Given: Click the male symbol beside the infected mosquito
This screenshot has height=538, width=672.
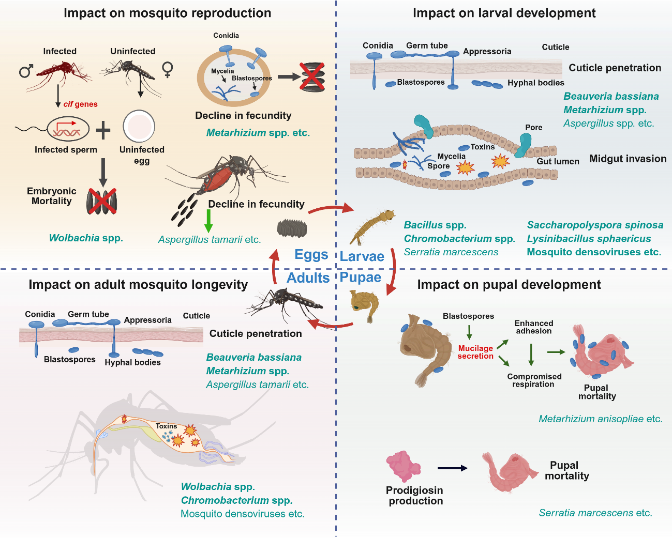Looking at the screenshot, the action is pyautogui.click(x=25, y=71).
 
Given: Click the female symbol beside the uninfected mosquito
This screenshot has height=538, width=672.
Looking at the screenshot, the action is pyautogui.click(x=168, y=70).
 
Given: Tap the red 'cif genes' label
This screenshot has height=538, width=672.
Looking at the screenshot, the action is pyautogui.click(x=80, y=104).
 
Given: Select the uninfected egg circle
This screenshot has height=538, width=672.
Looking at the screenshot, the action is pyautogui.click(x=139, y=127).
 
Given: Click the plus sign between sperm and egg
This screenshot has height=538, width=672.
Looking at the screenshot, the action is pyautogui.click(x=103, y=130).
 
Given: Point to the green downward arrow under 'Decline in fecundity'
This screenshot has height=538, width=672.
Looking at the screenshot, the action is pyautogui.click(x=208, y=221).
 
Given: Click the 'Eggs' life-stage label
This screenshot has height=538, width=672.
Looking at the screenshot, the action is pyautogui.click(x=311, y=254).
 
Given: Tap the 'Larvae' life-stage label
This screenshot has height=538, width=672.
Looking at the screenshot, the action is pyautogui.click(x=362, y=256).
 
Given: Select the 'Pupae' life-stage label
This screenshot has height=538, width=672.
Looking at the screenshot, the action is pyautogui.click(x=361, y=278).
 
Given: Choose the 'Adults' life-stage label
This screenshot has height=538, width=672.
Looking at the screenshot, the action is pyautogui.click(x=308, y=278).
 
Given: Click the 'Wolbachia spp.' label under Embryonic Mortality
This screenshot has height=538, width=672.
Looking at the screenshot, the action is pyautogui.click(x=86, y=238).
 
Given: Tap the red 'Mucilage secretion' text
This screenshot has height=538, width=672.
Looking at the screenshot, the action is pyautogui.click(x=475, y=352).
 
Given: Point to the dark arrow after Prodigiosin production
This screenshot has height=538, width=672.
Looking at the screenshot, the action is pyautogui.click(x=453, y=468).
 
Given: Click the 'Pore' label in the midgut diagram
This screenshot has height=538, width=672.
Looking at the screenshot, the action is pyautogui.click(x=534, y=128).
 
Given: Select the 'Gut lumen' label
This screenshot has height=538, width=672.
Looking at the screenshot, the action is pyautogui.click(x=558, y=161).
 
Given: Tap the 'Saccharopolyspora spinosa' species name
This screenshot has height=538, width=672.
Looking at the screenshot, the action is pyautogui.click(x=595, y=225).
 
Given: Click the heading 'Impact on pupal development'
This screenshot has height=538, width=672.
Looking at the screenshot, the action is pyautogui.click(x=509, y=285).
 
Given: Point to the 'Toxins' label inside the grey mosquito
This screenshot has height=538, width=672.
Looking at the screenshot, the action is pyautogui.click(x=166, y=426).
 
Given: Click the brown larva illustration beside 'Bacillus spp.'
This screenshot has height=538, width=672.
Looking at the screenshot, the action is pyautogui.click(x=372, y=226).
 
